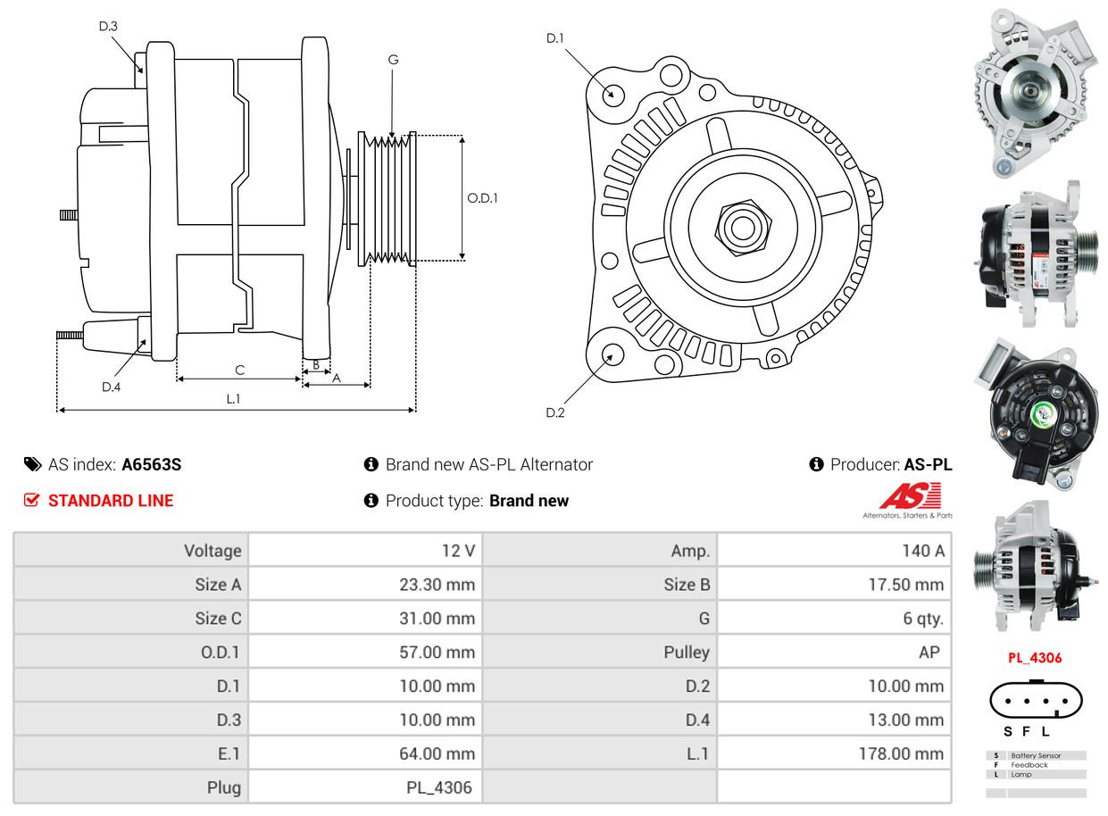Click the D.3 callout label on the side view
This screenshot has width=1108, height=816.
tap(108, 26)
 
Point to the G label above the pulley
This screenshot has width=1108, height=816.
tap(393, 60)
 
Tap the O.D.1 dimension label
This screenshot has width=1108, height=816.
tap(482, 198)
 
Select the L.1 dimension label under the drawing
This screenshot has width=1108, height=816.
tap(233, 399)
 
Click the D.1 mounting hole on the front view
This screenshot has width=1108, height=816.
tap(612, 94)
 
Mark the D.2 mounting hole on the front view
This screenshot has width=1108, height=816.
tap(612, 354)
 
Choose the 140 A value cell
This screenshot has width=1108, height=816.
tap(923, 551)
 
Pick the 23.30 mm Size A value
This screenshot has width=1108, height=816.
tap(437, 585)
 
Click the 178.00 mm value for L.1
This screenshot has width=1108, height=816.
tap(903, 754)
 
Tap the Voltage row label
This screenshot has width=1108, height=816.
tap(212, 551)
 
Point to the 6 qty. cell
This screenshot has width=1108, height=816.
tap(923, 619)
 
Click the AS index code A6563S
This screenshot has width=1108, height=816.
tap(151, 464)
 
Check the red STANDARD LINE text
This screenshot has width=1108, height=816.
tap(111, 501)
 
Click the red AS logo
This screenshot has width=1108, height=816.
tap(910, 496)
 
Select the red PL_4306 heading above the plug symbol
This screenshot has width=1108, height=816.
tap(1035, 658)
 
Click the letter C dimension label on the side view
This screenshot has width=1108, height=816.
tap(239, 370)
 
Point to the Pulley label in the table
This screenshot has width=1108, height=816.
tap(687, 653)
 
